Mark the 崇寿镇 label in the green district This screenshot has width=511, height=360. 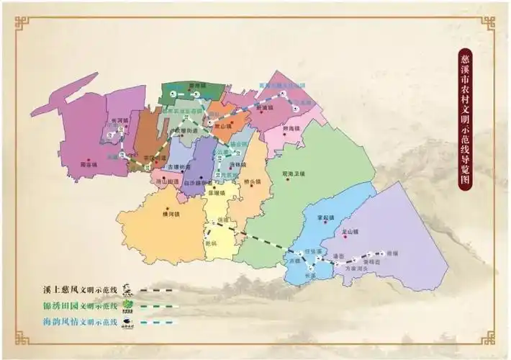click(197, 86)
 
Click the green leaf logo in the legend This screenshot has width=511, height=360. click(129, 305)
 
